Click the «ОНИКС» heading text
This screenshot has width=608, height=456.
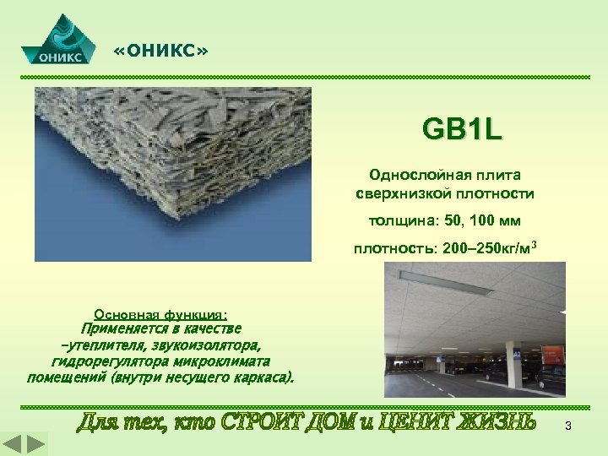click(160, 53)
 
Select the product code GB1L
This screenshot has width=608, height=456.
click(462, 130)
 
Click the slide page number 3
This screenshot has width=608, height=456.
click(568, 426)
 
